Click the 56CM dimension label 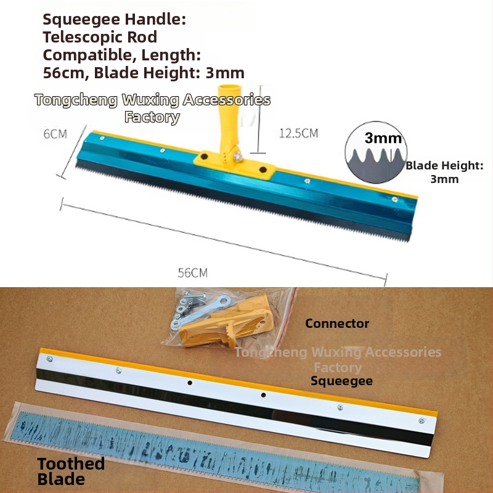coord(193,272)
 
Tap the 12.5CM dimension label coord(299,133)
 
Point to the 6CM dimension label coord(55,134)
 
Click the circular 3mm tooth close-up coord(376,152)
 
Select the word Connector coord(337,324)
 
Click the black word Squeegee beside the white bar coord(342,381)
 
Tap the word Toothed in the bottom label coord(71,463)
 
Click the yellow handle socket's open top coord(229,88)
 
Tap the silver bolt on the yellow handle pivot coord(238,156)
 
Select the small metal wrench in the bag coord(202,312)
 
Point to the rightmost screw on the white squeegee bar coord(422,420)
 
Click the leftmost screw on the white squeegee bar coord(49,359)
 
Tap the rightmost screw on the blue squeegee coord(394,199)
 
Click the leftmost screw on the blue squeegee coord(102,138)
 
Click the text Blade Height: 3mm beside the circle coord(444,172)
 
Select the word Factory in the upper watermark coord(152,117)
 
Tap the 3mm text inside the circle coord(383,138)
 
